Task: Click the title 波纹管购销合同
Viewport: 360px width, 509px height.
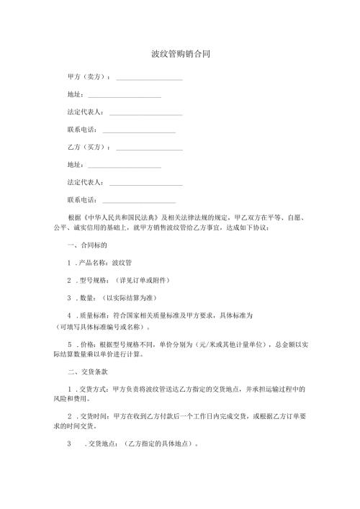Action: point(180,54)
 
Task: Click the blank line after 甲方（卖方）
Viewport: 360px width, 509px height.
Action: point(149,78)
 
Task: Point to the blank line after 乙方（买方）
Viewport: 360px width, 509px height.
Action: point(149,148)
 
